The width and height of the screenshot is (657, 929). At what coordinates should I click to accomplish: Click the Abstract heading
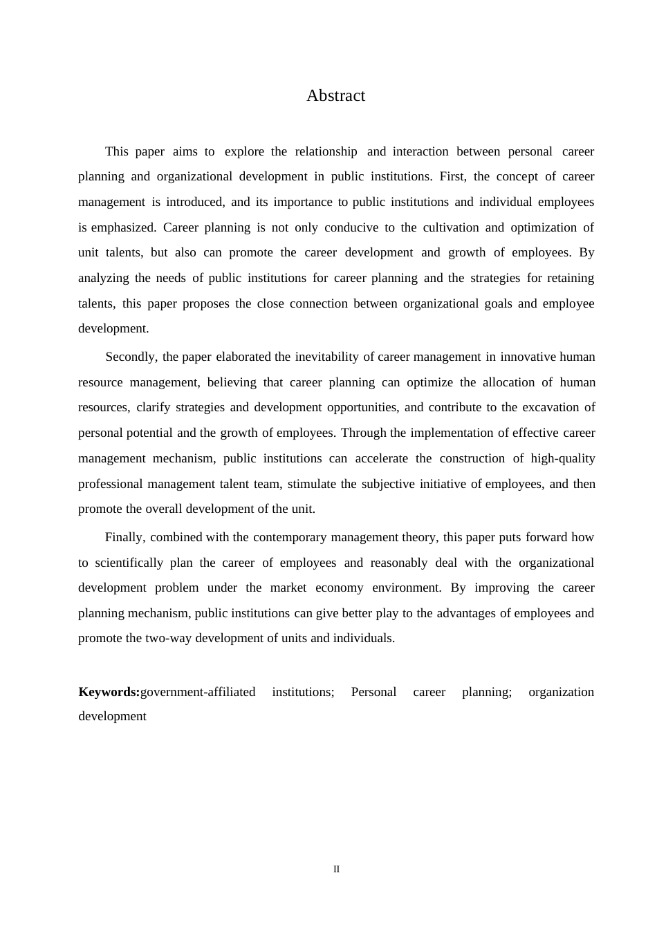tap(335, 95)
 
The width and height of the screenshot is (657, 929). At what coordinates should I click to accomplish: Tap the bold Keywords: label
tap(109, 692)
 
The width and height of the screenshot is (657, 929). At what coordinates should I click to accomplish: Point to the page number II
tap(336, 870)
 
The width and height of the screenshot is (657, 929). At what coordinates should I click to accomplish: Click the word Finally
tap(124, 537)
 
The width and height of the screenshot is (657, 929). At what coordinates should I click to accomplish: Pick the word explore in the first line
tap(244, 151)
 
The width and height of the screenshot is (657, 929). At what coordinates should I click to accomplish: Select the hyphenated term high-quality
tap(562, 458)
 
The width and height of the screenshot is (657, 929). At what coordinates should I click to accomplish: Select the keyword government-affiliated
tap(198, 692)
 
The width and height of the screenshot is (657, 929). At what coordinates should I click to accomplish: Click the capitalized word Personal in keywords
tap(373, 692)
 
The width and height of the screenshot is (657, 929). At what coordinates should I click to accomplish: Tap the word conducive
tap(351, 227)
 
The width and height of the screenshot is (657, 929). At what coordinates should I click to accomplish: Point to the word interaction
tap(420, 151)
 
